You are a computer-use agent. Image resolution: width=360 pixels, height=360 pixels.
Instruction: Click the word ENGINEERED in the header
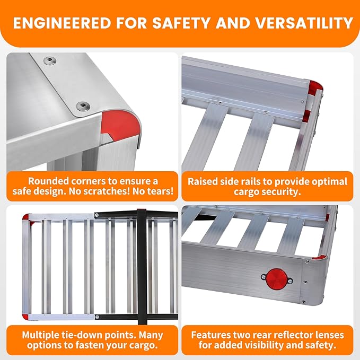click(62, 23)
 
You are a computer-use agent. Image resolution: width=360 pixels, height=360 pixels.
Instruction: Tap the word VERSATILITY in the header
click(304, 23)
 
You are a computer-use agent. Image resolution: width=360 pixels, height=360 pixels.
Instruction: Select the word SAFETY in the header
click(182, 23)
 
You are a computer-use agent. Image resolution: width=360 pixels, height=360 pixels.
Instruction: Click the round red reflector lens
click(276, 279)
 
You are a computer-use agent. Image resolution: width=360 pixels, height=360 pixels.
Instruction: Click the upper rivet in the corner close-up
click(50, 60)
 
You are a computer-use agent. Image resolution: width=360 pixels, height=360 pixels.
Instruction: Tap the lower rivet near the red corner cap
click(82, 106)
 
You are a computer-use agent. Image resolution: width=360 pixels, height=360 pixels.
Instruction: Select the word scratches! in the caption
click(107, 191)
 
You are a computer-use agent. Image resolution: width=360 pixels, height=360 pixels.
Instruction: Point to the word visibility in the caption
click(256, 345)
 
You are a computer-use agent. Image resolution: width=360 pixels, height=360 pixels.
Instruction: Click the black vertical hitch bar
click(142, 267)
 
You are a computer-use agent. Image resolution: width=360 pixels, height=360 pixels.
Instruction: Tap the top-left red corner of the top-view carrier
click(26, 218)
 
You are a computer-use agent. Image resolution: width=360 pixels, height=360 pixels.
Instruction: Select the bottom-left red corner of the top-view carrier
click(25, 317)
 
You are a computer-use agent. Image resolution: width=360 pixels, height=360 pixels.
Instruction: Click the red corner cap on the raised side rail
click(315, 87)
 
